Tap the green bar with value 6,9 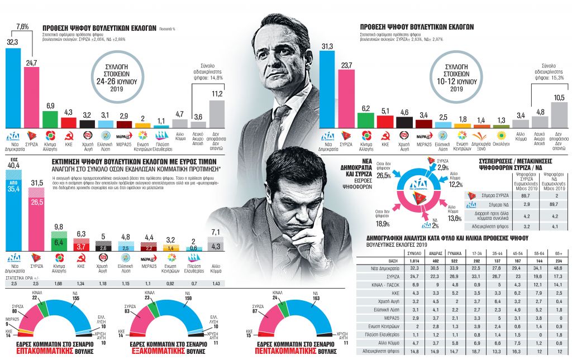(50, 119)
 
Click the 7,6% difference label (23, 26)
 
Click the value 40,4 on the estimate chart (12, 166)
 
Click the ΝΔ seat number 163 (318, 299)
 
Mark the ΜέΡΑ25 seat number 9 (7, 323)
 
